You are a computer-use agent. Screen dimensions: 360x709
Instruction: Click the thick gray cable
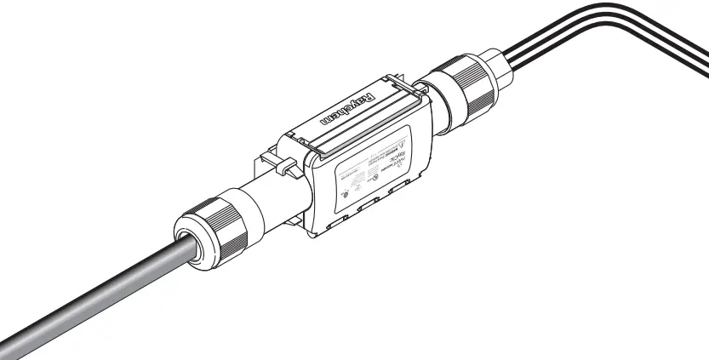[x=94, y=298]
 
